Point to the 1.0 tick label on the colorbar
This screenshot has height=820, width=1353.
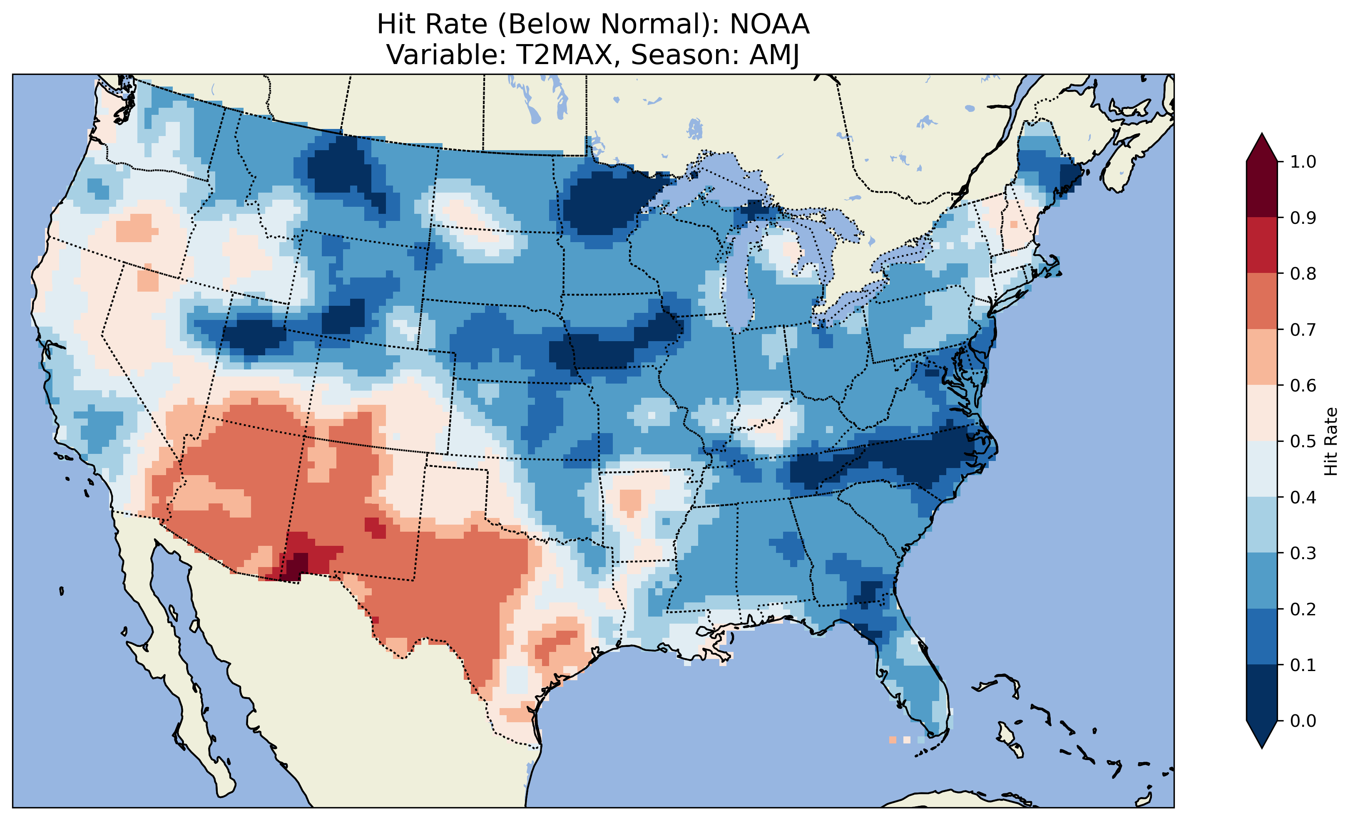tap(1303, 162)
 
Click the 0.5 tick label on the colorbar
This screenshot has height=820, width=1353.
tap(1303, 441)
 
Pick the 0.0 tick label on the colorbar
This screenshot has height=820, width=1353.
tap(1303, 721)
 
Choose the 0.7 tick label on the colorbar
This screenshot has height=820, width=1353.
tap(1303, 329)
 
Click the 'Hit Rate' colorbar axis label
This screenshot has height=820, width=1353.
tap(1331, 441)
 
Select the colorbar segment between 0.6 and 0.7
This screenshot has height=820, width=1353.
tap(1262, 357)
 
